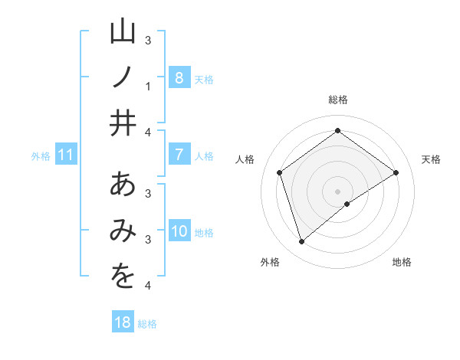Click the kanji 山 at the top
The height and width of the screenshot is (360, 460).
[123, 33]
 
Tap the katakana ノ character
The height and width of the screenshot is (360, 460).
[123, 77]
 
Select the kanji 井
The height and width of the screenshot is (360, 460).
[123, 123]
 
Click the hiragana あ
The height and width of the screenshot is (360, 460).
[123, 186]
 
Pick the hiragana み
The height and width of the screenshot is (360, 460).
[123, 231]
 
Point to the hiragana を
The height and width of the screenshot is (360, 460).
[123, 277]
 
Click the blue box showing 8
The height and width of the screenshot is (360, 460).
[179, 77]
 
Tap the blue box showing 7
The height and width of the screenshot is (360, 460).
[179, 155]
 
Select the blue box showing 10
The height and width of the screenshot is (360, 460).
[179, 231]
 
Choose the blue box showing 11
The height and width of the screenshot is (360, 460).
[65, 155]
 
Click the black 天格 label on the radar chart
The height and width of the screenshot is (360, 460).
[431, 159]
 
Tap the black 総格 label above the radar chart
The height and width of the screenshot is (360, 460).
[337, 100]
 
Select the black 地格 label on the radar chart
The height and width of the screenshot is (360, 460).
[402, 262]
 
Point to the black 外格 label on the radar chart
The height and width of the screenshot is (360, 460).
[270, 262]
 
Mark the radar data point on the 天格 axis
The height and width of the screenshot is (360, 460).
[396, 172]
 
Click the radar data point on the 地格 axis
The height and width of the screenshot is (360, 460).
[347, 204]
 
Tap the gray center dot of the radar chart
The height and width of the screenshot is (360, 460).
[337, 191]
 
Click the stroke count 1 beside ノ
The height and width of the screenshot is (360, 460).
[148, 86]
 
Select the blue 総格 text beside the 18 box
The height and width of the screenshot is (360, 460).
[147, 324]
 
